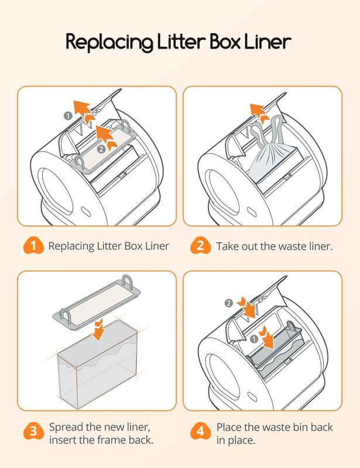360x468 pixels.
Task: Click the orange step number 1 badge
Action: click(x=33, y=246)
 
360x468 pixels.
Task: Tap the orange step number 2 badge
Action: click(x=200, y=246)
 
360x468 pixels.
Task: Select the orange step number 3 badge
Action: click(x=33, y=431)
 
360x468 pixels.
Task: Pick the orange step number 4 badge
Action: click(x=200, y=431)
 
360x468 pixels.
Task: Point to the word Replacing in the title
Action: click(x=109, y=42)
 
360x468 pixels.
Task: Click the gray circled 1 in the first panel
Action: click(x=68, y=115)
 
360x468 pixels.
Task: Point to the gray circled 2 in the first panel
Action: click(x=102, y=149)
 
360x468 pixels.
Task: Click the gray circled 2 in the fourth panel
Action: click(x=228, y=303)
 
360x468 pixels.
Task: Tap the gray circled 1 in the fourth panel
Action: click(x=253, y=339)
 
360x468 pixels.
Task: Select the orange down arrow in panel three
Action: click(x=98, y=330)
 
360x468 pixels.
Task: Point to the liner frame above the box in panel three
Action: click(x=96, y=302)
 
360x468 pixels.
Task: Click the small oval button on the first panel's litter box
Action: click(x=85, y=211)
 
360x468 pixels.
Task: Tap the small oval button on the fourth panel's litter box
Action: click(x=252, y=397)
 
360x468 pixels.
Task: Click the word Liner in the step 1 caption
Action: click(x=157, y=246)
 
